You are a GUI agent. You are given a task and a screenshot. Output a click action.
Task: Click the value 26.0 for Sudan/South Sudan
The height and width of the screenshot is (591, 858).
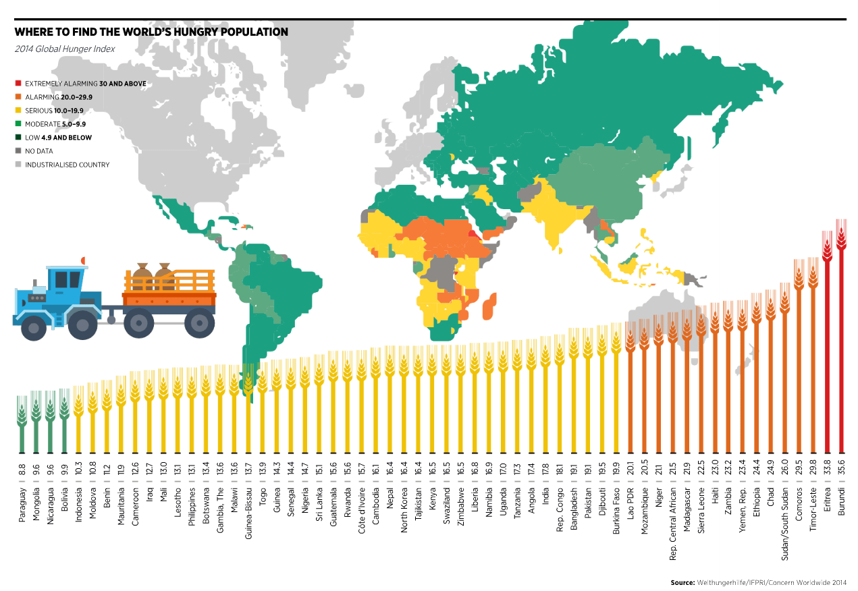[x=784, y=469]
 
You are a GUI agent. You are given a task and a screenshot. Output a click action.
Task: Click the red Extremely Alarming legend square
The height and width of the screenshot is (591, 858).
[x=19, y=84]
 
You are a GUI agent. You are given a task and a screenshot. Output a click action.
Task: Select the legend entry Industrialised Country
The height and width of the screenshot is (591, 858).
[x=67, y=165]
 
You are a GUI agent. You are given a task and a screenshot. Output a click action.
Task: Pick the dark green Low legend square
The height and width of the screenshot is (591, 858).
[x=19, y=138]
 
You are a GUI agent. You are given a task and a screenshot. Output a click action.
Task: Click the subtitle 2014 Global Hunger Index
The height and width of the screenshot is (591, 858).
[x=65, y=49]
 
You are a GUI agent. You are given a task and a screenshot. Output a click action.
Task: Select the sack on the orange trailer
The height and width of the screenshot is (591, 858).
[x=144, y=275]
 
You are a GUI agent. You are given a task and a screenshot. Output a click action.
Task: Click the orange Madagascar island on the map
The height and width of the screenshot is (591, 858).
[x=489, y=306]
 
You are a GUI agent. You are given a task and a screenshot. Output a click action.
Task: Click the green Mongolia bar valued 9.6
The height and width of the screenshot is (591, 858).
[x=35, y=425]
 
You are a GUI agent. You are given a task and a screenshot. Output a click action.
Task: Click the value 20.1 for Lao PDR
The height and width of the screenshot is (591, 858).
[x=629, y=469]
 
